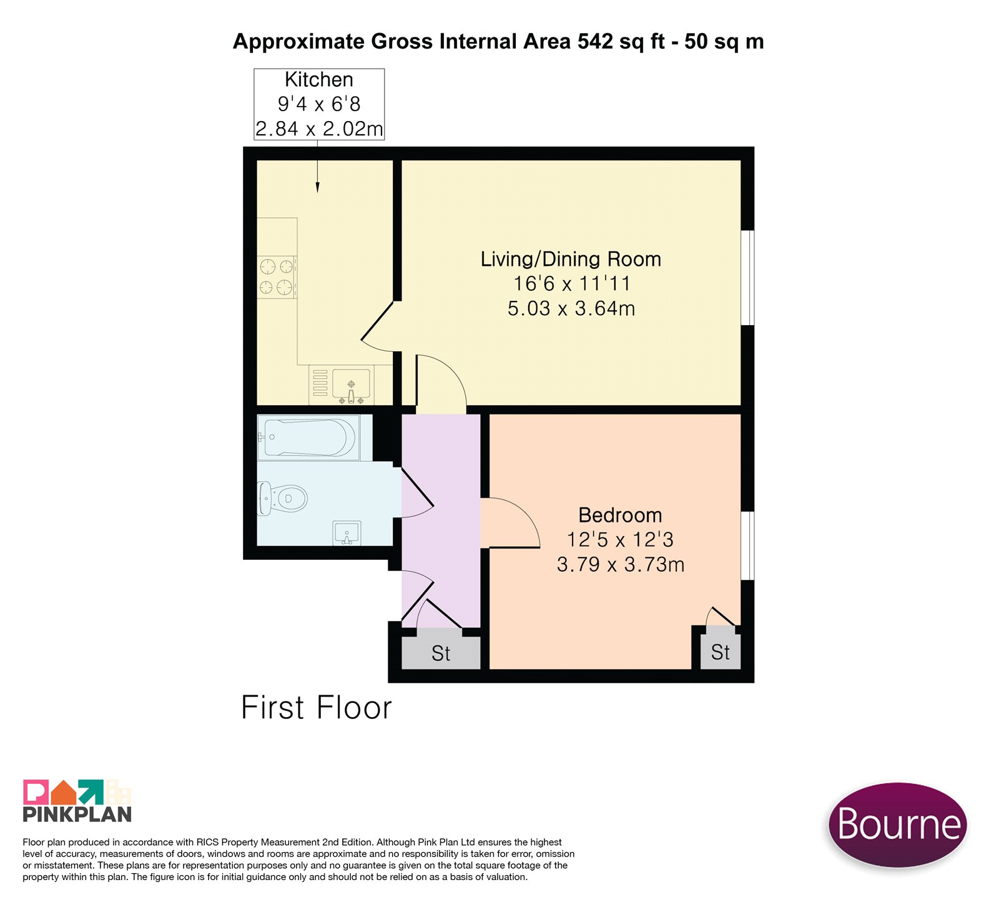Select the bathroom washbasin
[347, 533]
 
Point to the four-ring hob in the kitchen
[277, 277]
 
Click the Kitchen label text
[319, 79]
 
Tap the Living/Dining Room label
[571, 259]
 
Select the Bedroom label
[620, 515]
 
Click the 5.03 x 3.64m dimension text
[571, 308]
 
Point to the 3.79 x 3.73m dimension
[621, 564]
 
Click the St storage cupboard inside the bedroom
[721, 652]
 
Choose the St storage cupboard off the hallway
[441, 653]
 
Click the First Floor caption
[317, 708]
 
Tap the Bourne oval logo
[898, 824]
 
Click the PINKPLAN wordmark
[77, 814]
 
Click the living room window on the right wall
[747, 278]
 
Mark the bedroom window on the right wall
[747, 546]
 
